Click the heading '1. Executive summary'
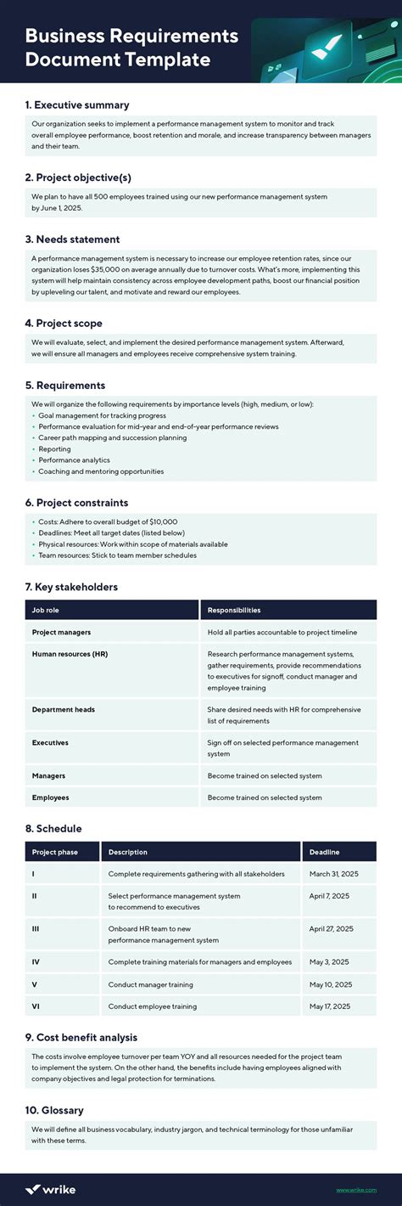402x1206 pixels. pyautogui.click(x=77, y=105)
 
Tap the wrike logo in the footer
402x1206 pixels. pyautogui.click(x=50, y=1189)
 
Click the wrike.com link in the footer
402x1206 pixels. pyautogui.click(x=356, y=1190)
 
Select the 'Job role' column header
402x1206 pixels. pyautogui.click(x=46, y=610)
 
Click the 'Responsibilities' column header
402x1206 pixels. pyautogui.click(x=234, y=610)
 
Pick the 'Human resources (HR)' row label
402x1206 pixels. pyautogui.click(x=70, y=654)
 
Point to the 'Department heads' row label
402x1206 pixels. pyautogui.click(x=64, y=709)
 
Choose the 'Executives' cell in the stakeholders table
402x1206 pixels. pyautogui.click(x=50, y=742)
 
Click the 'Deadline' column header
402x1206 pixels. pyautogui.click(x=325, y=852)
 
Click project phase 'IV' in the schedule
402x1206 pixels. pyautogui.click(x=36, y=962)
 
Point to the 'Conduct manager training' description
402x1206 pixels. pyautogui.click(x=150, y=984)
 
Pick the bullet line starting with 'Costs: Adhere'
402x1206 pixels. pyautogui.click(x=107, y=521)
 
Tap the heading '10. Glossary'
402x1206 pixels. pyautogui.click(x=54, y=1110)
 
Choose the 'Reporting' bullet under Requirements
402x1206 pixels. pyautogui.click(x=54, y=449)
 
